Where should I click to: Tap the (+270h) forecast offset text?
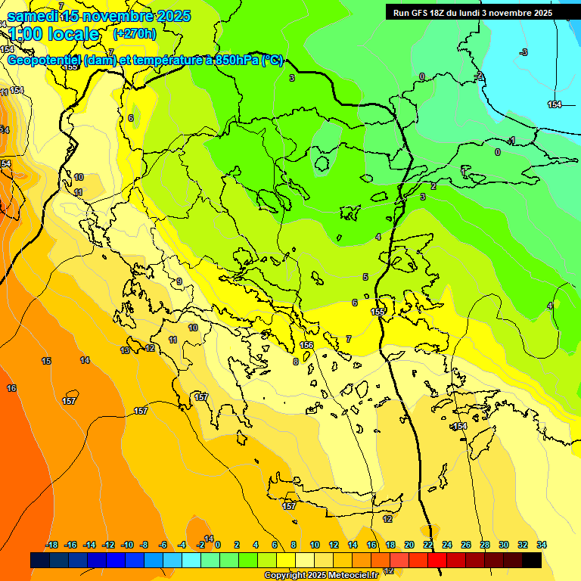click(135, 33)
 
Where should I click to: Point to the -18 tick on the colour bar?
click(51, 545)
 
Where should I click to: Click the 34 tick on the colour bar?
click(542, 545)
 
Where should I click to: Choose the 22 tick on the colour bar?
click(428, 545)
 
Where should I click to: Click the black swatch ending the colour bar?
click(532, 560)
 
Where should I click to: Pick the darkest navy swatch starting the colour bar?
click(40, 560)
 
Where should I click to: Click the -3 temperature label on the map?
click(524, 52)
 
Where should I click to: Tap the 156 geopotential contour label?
click(306, 345)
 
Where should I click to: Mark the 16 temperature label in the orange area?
click(11, 388)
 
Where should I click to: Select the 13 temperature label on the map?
click(125, 350)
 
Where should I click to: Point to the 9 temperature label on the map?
click(179, 282)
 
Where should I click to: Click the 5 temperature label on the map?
click(365, 277)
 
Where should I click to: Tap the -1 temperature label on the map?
click(512, 141)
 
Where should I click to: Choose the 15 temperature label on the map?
click(47, 361)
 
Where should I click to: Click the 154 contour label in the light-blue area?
click(555, 104)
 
